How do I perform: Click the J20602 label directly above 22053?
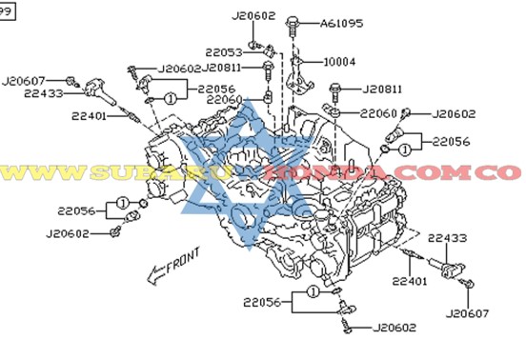[x=253, y=15]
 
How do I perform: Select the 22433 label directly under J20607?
[x=44, y=93]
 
